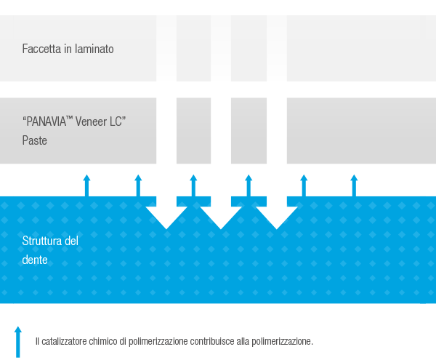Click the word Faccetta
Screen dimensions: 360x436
pos(41,49)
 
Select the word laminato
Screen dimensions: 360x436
pos(93,49)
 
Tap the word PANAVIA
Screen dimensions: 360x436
pos(49,123)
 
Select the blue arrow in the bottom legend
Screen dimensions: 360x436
pos(18,340)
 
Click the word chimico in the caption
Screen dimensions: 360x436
pos(106,341)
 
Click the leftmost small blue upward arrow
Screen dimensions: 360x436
pos(86,185)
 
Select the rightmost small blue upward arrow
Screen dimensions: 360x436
pos(354,185)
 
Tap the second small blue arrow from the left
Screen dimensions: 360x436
pos(138,185)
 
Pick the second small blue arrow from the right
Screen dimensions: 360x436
pos(304,185)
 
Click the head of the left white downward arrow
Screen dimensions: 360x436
pos(166,216)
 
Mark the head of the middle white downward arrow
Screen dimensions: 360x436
pos(221,216)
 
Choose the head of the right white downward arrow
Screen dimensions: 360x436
pos(276,216)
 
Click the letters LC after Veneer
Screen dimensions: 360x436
pos(118,123)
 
